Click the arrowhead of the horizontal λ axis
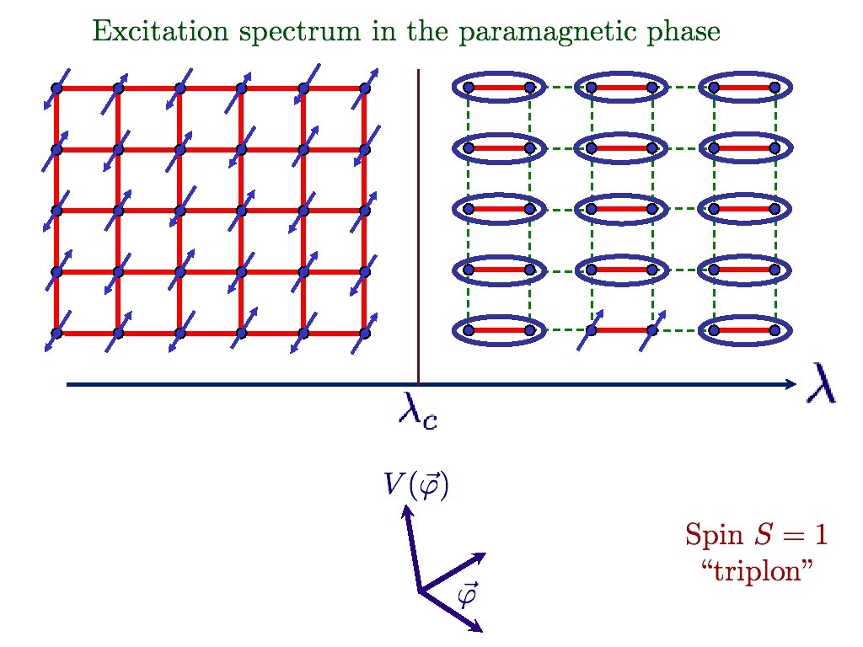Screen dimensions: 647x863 791,384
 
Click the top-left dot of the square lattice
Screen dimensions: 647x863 56,88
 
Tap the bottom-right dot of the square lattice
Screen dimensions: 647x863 365,333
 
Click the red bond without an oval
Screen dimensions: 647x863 621,330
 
